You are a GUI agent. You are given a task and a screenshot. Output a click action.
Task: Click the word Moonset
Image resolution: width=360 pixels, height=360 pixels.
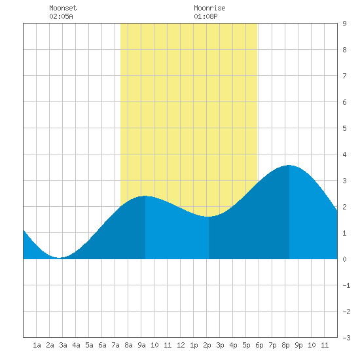coord(63,8)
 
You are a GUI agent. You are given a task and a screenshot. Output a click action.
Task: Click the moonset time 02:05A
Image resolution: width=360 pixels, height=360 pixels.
coord(61,16)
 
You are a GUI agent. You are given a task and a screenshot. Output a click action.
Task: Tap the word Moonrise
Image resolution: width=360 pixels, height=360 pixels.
coord(209,8)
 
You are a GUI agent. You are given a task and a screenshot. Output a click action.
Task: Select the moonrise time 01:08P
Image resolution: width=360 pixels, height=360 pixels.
coord(206,16)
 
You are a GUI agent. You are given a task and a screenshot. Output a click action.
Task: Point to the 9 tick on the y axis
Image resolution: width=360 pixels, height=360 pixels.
coord(344,24)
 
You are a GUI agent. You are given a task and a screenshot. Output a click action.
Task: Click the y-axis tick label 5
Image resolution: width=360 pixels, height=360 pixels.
coord(344,128)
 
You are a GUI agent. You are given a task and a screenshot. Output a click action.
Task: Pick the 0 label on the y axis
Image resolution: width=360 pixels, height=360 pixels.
coord(344,259)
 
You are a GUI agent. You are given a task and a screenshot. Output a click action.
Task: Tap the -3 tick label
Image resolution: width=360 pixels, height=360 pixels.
coord(346,338)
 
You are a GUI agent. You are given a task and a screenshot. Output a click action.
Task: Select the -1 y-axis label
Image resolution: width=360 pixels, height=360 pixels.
coord(346,285)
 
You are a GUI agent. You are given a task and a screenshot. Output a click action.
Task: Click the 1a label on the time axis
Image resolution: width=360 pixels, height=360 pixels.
coord(37,345)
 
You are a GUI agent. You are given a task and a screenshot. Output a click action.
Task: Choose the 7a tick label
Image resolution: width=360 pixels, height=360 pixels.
coord(115,345)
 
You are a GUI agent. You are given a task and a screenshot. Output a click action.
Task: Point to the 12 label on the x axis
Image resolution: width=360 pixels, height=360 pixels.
coord(181,345)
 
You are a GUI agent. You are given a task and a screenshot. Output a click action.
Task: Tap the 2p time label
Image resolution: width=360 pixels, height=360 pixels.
coord(207,345)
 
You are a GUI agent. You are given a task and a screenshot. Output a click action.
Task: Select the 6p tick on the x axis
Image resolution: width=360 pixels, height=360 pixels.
coord(259,345)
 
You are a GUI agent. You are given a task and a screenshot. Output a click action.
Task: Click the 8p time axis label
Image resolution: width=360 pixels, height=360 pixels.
coord(285,345)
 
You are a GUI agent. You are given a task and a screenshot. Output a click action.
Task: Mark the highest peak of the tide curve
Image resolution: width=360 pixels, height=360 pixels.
coord(289,166)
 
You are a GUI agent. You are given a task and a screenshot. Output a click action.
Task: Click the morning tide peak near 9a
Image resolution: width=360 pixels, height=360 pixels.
coord(145,196)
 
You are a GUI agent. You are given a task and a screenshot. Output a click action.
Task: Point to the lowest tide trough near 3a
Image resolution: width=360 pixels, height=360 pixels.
coord(59,258)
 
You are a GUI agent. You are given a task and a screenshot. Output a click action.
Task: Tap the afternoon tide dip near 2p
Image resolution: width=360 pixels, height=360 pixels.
coord(208,216)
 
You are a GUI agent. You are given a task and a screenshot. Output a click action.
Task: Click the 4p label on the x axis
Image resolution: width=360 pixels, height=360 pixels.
coord(233,345)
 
